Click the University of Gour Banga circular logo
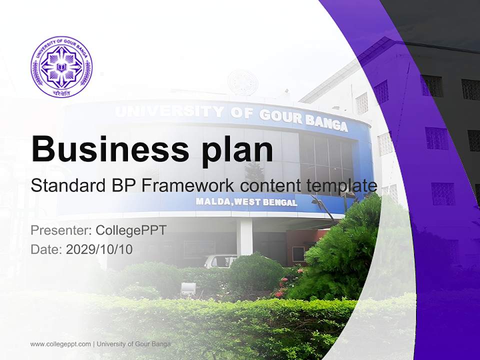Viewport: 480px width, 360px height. click(x=61, y=65)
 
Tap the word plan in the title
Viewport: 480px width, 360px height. click(x=232, y=149)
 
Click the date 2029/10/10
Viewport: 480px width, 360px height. click(x=99, y=249)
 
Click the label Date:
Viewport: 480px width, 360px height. click(x=46, y=249)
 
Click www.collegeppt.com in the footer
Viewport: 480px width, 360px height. click(x=60, y=344)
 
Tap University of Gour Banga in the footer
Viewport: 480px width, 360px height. click(x=133, y=344)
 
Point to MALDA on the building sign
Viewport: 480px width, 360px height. click(x=211, y=202)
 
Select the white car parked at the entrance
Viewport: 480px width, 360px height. click(x=220, y=261)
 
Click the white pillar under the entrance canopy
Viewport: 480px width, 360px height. click(x=245, y=237)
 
